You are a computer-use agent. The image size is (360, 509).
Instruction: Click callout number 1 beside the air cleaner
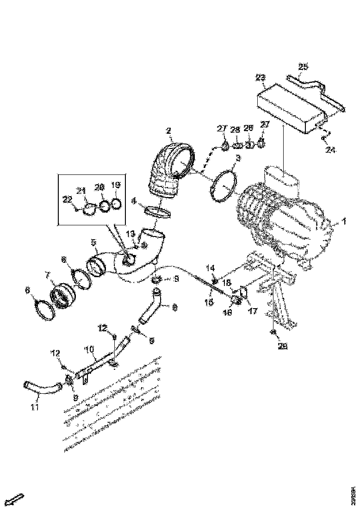pyautogui.click(x=344, y=222)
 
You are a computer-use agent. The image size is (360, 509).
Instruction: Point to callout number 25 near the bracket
pyautogui.click(x=303, y=67)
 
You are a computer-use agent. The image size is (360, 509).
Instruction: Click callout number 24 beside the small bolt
pyautogui.click(x=330, y=149)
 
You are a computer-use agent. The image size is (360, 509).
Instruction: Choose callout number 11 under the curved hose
pyautogui.click(x=35, y=407)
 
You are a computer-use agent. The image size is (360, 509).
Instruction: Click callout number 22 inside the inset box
pyautogui.click(x=67, y=199)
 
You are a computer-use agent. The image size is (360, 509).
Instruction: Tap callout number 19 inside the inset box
pyautogui.click(x=115, y=185)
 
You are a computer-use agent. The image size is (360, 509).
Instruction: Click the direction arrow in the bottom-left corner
pyautogui.click(x=17, y=499)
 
